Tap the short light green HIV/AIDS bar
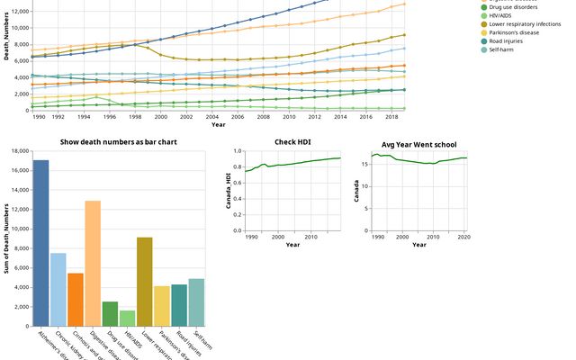[x=127, y=318]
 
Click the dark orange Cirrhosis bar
[x=76, y=299]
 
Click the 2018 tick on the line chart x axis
[x=391, y=118]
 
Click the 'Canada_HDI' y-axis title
[x=229, y=189]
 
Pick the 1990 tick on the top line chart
[x=40, y=118]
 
